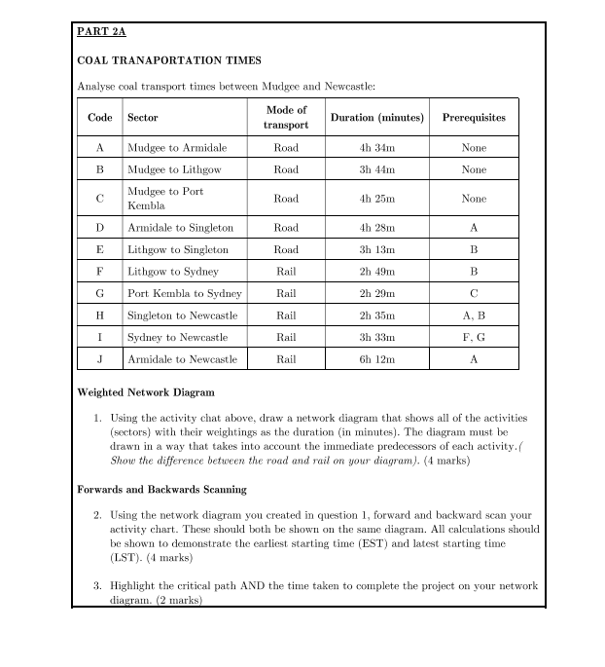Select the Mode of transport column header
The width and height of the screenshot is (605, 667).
pyautogui.click(x=286, y=117)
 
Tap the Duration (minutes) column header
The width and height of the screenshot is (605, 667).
pyautogui.click(x=377, y=118)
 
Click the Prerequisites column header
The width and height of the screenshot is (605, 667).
pyautogui.click(x=474, y=118)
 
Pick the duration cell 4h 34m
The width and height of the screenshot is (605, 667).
pyautogui.click(x=377, y=148)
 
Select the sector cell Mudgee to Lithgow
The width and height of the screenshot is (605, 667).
pyautogui.click(x=175, y=169)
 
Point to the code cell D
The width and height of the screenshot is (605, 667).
pyautogui.click(x=99, y=228)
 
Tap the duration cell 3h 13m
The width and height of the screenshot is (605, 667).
pyautogui.click(x=377, y=249)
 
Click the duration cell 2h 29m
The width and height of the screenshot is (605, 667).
pyautogui.click(x=377, y=293)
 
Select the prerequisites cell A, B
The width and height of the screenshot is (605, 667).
pyautogui.click(x=474, y=315)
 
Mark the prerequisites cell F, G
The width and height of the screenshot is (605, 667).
pyautogui.click(x=474, y=337)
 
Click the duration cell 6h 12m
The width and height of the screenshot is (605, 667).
pyautogui.click(x=377, y=359)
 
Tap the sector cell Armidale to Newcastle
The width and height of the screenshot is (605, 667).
pyautogui.click(x=182, y=359)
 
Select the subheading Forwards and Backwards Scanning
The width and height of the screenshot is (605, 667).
pyautogui.click(x=161, y=489)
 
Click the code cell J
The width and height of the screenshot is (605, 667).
pyautogui.click(x=99, y=359)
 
